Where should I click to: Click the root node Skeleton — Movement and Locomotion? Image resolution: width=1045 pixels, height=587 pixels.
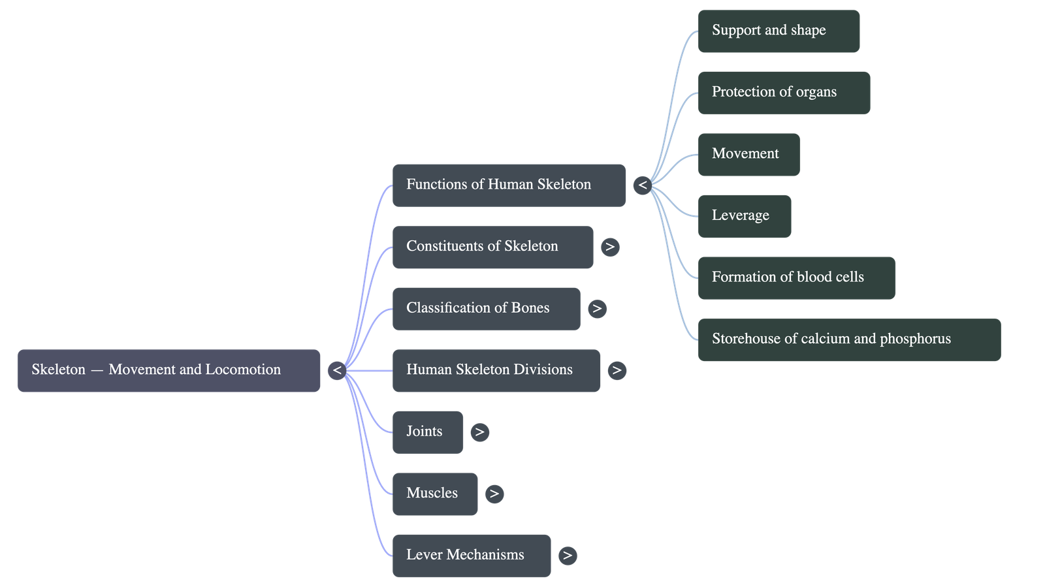[x=169, y=370]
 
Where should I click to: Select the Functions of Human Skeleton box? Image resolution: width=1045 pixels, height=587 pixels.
[x=508, y=185]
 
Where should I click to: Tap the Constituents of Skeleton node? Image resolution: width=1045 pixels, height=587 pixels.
[x=492, y=247]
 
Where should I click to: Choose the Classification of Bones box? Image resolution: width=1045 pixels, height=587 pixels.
[x=486, y=308]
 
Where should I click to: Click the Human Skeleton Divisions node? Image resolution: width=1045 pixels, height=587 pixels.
[x=496, y=370]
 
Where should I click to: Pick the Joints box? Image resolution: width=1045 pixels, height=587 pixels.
[x=427, y=432]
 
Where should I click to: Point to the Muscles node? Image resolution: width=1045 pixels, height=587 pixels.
[x=434, y=494]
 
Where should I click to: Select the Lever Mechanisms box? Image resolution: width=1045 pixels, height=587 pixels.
[x=471, y=555]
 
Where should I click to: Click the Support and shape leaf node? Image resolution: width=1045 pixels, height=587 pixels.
[x=779, y=31]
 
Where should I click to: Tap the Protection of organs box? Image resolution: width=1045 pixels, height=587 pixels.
[x=784, y=93]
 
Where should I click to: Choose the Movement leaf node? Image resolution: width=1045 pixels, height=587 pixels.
[x=748, y=154]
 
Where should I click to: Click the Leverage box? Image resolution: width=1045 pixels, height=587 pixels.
[x=744, y=216]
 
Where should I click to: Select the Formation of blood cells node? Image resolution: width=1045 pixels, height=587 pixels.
[x=796, y=278]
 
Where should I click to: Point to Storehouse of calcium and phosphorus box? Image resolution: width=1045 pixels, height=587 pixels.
[x=849, y=340]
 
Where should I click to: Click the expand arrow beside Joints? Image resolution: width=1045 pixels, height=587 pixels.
[x=479, y=432]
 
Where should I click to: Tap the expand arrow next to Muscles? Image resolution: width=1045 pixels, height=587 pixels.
[x=494, y=494]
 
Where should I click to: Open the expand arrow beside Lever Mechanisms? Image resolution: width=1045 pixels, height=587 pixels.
[x=568, y=556]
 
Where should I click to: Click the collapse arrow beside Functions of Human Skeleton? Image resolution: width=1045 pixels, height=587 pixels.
[x=643, y=185]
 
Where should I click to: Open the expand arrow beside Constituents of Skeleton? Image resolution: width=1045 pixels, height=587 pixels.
[x=610, y=247]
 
